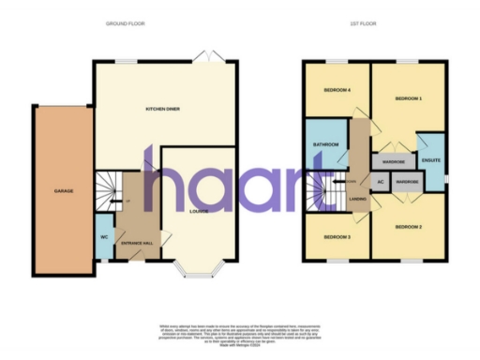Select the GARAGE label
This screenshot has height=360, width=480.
(63, 191)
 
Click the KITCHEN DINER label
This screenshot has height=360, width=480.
(161, 110)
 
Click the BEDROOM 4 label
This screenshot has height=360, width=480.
(337, 90)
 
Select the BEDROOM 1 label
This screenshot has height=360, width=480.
(408, 98)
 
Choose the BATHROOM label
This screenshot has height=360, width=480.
(325, 145)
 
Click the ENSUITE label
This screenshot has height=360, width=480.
(431, 160)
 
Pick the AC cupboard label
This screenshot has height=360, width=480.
(381, 181)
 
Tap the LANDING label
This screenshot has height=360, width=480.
(357, 199)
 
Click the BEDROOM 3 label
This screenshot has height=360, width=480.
(337, 237)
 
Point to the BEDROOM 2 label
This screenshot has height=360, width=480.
(408, 227)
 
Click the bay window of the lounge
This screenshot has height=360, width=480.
(200, 273)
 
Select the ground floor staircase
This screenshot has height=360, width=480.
(109, 187)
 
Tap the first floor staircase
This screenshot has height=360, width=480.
(322, 194)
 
